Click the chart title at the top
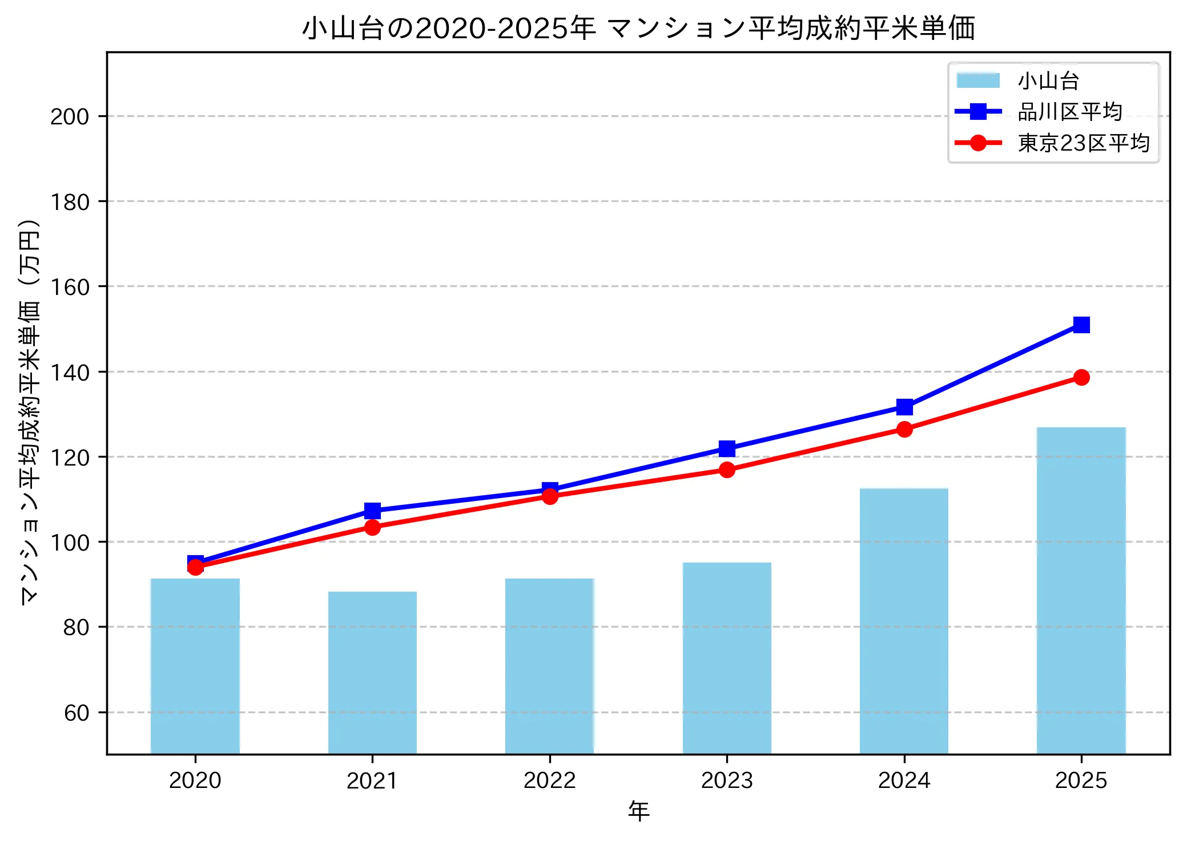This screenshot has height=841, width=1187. point(638,29)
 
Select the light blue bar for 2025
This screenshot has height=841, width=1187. point(1081,591)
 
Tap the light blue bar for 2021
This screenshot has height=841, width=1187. point(372,673)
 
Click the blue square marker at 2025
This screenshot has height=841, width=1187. point(1081,325)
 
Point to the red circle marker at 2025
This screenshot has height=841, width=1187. point(1081,377)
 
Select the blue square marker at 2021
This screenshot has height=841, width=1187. point(372,510)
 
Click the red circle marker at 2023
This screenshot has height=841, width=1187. point(727,470)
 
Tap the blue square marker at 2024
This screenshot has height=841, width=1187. point(904,407)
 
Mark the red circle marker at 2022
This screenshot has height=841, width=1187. point(550,496)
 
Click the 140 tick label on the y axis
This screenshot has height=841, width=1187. point(70,373)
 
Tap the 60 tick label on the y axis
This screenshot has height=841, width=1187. point(77,713)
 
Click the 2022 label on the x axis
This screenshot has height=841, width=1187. point(550,781)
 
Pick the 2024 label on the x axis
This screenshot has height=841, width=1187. point(904,781)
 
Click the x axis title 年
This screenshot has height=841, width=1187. point(638,811)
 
